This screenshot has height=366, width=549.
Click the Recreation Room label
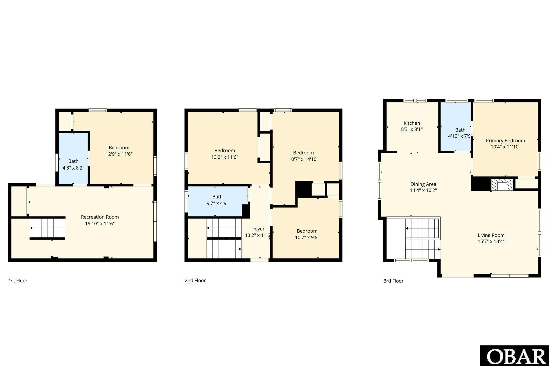click(100, 217)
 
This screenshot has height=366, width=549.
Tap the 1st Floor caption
click(18, 281)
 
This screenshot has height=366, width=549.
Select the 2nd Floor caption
click(195, 281)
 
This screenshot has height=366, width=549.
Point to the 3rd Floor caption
click(393, 281)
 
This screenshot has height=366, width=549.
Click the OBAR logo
click(514, 356)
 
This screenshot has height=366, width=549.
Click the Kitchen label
click(412, 123)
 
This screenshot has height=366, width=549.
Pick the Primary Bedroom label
click(505, 141)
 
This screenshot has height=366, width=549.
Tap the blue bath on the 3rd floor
click(456, 126)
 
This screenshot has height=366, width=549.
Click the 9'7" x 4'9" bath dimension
click(217, 203)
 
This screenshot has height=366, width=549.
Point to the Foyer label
click(258, 229)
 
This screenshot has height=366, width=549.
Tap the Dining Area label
click(423, 184)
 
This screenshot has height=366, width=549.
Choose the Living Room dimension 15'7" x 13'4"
click(491, 241)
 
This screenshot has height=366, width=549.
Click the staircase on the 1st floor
click(47, 228)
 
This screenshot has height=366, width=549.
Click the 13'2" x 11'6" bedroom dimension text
click(225, 157)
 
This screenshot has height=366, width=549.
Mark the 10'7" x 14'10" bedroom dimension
click(303, 159)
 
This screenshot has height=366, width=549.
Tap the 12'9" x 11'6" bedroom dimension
click(119, 154)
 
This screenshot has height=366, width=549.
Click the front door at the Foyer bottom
click(259, 260)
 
